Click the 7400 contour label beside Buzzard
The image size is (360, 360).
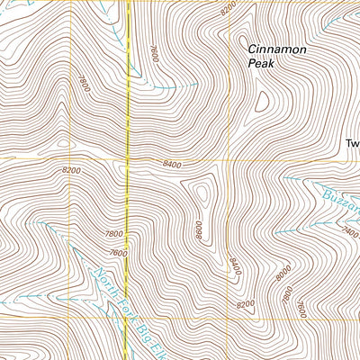click(x=350, y=230)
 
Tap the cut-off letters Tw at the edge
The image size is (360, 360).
click(x=352, y=143)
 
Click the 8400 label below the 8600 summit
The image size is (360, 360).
click(x=235, y=266)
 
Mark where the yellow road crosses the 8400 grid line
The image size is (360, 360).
click(x=127, y=159)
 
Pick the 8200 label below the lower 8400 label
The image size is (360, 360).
click(x=245, y=306)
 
